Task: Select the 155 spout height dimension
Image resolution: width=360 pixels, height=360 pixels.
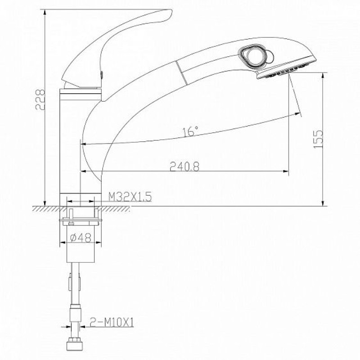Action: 318,139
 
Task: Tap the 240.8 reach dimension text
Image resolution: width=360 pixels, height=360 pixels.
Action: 184,166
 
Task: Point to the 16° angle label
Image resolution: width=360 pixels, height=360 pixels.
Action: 190,131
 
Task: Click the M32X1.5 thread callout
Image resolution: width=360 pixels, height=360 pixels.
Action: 130,197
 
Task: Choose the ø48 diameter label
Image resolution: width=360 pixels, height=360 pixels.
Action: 81,238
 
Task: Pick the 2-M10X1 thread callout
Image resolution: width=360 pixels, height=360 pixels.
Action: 111,322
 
